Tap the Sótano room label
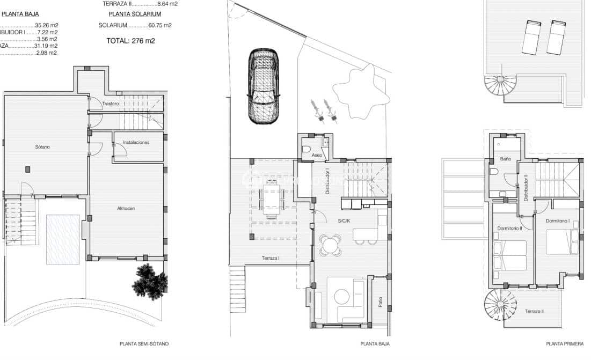43,146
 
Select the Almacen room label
126,208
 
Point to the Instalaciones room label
136,143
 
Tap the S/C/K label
344,221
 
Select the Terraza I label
271,258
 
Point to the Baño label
505,159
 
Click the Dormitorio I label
557,221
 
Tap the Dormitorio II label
509,228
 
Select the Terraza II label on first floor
534,311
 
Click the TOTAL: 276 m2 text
130,40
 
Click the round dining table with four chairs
330,246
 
